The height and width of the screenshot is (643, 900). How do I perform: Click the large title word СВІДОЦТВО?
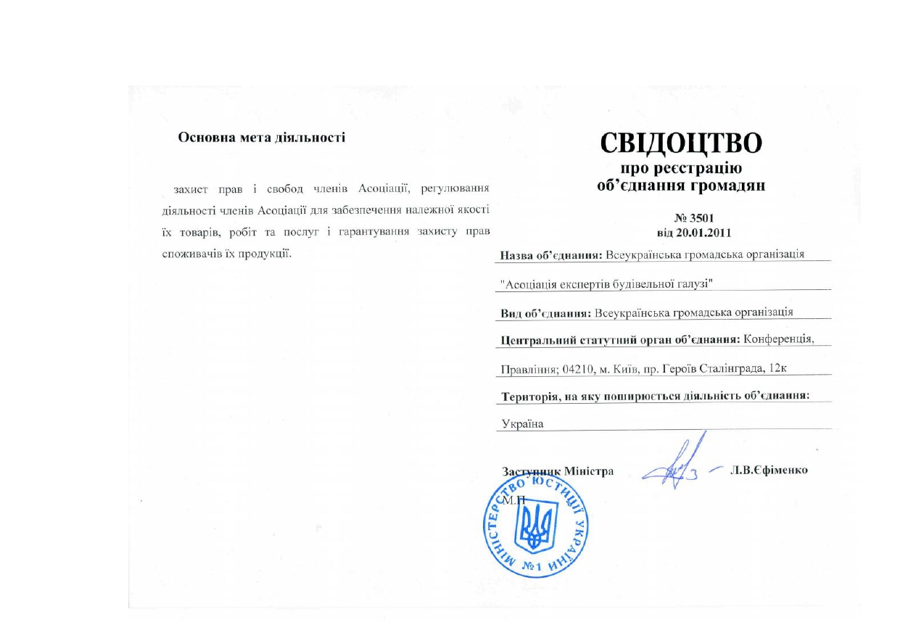click(681, 144)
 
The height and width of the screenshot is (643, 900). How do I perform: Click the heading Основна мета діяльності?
click(262, 136)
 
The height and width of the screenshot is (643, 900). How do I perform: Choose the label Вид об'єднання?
click(545, 312)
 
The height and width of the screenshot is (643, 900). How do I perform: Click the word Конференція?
click(783, 340)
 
